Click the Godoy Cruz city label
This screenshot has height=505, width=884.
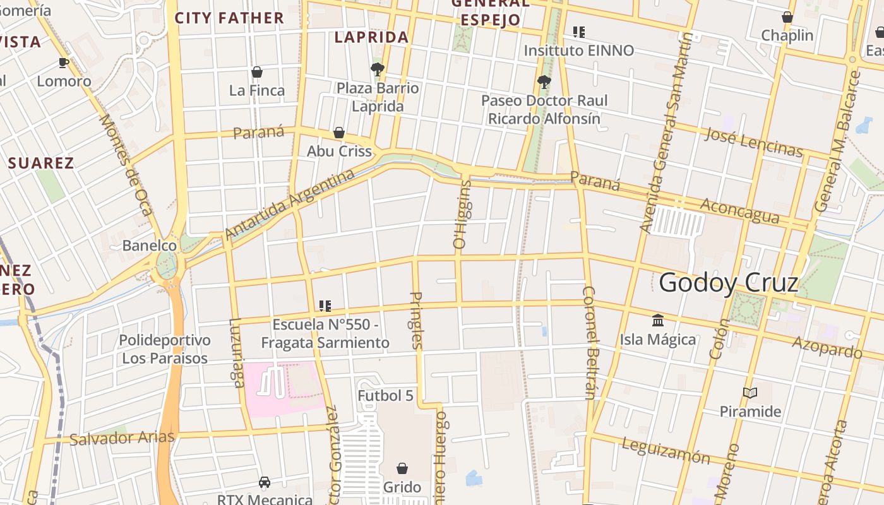point(729,283)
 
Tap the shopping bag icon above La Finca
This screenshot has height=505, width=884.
point(257,72)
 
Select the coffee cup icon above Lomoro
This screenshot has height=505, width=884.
point(63,62)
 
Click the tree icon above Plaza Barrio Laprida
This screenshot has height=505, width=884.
point(377,69)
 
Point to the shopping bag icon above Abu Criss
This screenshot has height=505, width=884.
point(339,133)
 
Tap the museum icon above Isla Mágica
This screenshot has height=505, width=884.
point(658,320)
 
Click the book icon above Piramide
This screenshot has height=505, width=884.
point(750,393)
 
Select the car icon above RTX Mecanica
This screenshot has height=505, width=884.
point(265,483)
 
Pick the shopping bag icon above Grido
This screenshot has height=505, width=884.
point(402,468)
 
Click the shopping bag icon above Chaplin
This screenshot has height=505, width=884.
point(787,17)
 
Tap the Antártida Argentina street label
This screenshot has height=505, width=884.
point(290,205)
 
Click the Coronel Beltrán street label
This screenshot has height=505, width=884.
point(590,343)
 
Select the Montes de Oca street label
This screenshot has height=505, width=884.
point(126,164)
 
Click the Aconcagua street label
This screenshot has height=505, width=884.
point(740,211)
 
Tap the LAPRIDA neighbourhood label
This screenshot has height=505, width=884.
point(371,37)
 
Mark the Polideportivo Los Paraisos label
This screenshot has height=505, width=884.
point(165,349)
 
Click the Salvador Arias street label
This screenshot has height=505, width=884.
point(122,437)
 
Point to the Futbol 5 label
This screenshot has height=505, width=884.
point(385,396)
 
